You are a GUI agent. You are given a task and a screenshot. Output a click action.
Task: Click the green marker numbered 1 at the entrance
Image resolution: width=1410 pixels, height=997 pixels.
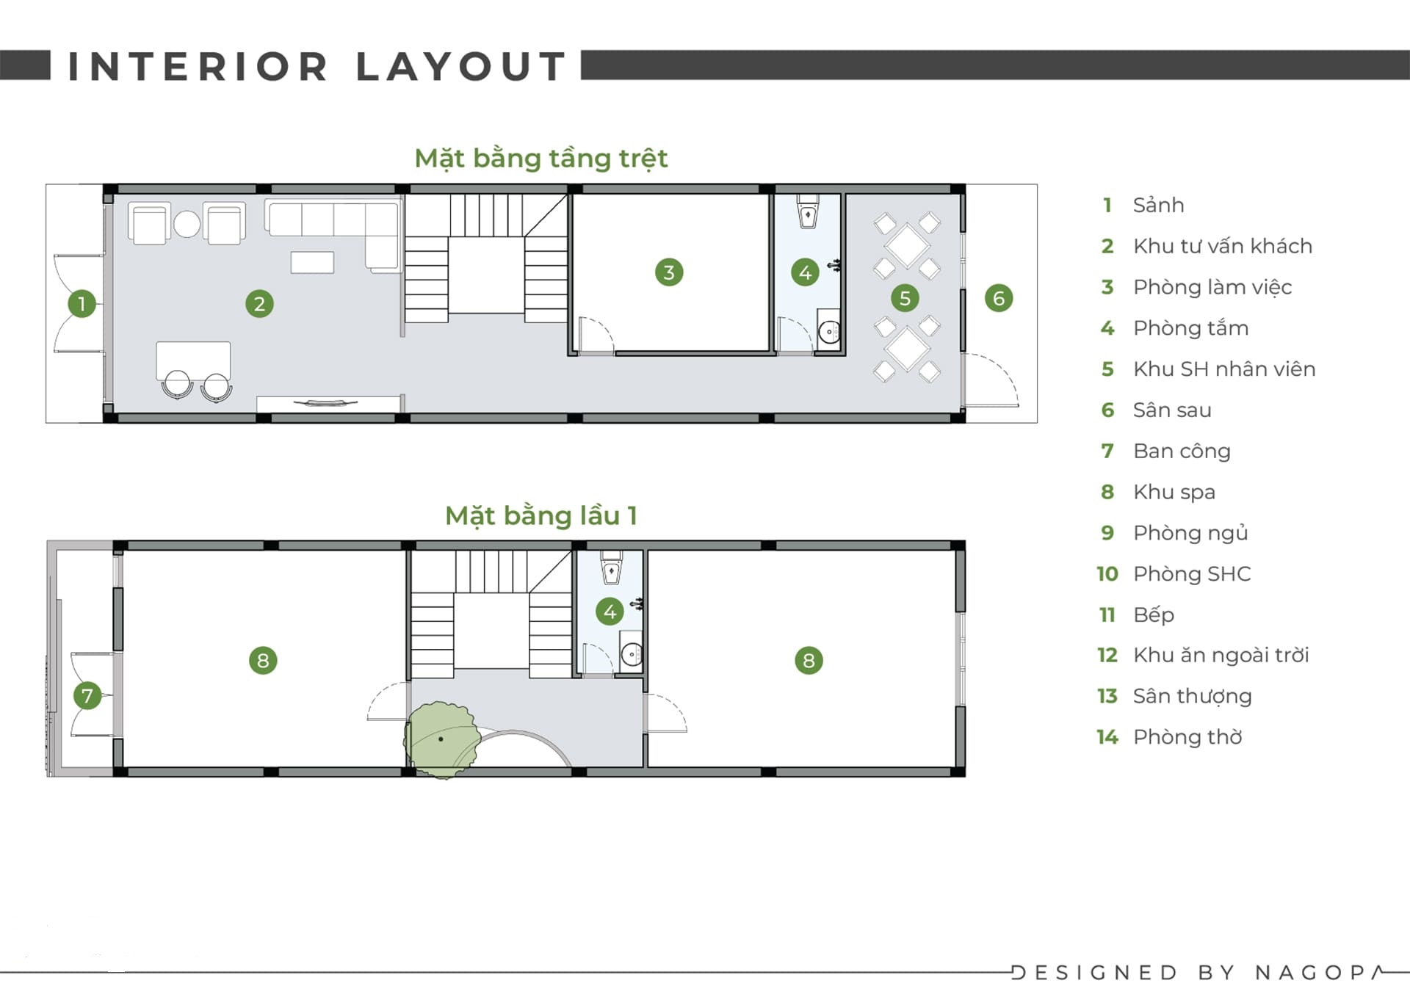[82, 303]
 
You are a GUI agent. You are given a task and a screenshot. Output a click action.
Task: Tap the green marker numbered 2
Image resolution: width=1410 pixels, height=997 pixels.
[259, 303]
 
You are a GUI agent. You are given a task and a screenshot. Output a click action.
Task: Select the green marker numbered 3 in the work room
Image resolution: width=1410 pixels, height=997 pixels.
[669, 272]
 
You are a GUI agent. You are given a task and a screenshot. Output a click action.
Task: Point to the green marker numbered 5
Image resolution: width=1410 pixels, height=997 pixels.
[905, 298]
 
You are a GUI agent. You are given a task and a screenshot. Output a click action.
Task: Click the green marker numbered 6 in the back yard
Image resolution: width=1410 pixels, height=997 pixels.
[999, 298]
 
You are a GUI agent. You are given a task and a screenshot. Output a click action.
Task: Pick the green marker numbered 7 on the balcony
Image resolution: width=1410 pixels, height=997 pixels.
[87, 695]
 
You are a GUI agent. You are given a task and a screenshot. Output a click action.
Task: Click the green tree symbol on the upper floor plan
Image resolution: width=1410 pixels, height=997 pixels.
[441, 739]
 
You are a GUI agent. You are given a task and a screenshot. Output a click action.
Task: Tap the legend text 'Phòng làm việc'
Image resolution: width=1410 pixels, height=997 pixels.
[1212, 287]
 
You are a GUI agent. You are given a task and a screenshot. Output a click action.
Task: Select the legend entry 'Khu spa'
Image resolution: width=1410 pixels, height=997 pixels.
[1174, 492]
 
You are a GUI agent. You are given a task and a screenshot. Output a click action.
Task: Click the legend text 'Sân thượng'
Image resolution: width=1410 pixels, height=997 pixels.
[1193, 696]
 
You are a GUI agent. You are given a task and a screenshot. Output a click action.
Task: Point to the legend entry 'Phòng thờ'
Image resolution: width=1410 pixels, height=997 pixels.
[1187, 736]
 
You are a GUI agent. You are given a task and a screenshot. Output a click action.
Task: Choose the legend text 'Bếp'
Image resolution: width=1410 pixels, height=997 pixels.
[1154, 614]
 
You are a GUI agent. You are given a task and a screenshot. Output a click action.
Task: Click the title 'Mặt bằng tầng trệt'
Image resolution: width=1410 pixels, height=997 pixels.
[541, 159]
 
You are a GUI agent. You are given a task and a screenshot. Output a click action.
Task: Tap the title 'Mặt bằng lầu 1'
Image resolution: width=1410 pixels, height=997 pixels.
[541, 515]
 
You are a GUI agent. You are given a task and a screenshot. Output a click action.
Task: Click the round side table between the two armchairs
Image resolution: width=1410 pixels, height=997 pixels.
[187, 224]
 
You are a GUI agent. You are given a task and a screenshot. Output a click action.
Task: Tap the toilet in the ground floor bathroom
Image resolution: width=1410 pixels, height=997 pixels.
[808, 211]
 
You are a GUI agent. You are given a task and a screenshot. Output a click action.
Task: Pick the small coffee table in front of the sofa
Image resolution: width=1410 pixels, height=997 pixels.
[312, 262]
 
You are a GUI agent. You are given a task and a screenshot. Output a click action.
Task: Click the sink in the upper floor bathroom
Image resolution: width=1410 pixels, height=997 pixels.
[632, 653]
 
